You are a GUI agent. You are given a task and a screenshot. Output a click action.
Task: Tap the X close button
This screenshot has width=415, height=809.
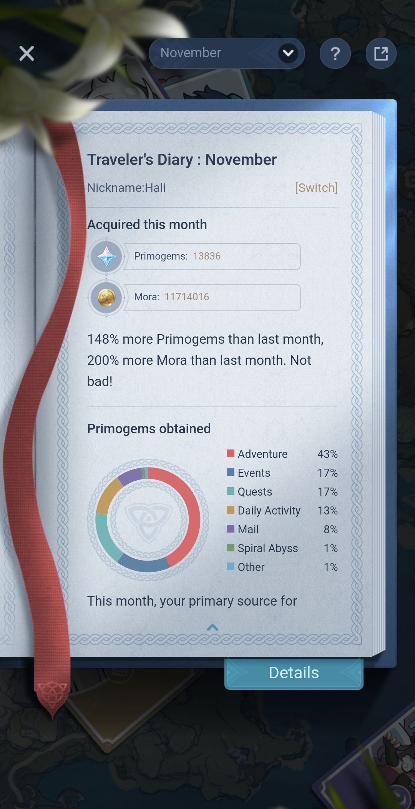coord(27,53)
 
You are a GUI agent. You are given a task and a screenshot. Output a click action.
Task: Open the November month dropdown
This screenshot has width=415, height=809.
coord(227,53)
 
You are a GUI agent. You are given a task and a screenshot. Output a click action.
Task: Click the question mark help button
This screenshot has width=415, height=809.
coord(335,53)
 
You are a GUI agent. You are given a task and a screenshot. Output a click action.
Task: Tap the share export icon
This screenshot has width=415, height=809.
coord(381,53)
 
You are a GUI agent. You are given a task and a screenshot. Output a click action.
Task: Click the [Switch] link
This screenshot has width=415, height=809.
coord(316,188)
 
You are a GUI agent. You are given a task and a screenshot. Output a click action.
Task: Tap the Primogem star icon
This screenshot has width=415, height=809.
coord(106,256)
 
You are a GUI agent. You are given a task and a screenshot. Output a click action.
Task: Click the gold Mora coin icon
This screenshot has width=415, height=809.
coord(106,297)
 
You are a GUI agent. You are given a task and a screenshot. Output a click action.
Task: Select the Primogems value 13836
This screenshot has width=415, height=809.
coord(207,256)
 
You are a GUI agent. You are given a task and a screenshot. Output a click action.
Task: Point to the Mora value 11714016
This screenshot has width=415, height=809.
coord(187,297)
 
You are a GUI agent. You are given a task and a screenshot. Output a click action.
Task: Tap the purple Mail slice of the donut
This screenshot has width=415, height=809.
coord(130,476)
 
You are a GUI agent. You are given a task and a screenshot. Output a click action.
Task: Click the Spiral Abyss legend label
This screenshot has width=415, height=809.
coord(267,548)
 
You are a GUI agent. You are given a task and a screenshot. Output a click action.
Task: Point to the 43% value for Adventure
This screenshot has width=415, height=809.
coord(327,454)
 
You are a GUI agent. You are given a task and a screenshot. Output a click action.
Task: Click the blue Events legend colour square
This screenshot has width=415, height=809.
coord(231,473)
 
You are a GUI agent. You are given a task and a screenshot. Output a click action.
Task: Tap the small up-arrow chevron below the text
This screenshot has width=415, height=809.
coord(212,628)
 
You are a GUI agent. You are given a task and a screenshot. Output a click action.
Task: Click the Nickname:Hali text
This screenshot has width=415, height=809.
coord(126,188)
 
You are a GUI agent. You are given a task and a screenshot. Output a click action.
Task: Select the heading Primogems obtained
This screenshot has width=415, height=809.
coord(149,429)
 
